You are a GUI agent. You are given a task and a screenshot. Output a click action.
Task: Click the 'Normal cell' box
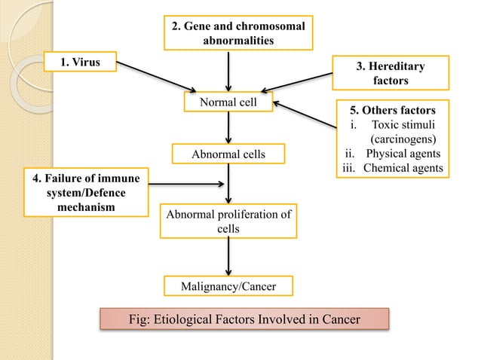[228, 102]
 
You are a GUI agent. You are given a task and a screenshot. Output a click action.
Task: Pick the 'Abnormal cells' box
[228, 154]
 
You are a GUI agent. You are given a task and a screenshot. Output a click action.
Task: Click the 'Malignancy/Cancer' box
[228, 286]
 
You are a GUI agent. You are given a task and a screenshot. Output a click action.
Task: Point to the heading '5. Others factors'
[392, 110]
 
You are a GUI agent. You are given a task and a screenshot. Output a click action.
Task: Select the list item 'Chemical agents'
[403, 167]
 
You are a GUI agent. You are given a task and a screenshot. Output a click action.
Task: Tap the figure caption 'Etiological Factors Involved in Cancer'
[245, 319]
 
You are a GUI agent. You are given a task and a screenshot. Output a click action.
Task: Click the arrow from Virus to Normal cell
[155, 78]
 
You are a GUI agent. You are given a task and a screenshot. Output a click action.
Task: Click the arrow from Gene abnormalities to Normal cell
[228, 69]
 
